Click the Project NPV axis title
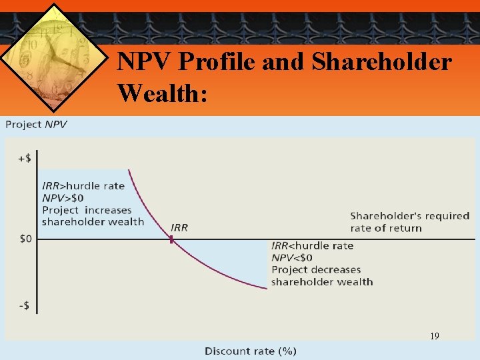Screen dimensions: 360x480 (x=37, y=125)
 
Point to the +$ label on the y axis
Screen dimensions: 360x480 (x=24, y=158)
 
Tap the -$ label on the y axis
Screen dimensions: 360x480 (x=24, y=306)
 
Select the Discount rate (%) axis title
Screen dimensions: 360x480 (x=251, y=351)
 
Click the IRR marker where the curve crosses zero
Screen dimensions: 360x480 (x=171, y=238)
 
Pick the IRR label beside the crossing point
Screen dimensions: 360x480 (x=179, y=227)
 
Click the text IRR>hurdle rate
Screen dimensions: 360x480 (x=83, y=185)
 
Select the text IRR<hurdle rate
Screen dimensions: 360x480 (x=312, y=245)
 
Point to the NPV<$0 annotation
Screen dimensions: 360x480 (x=292, y=257)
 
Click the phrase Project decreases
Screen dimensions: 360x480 (x=316, y=269)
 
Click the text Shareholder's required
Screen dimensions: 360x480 (x=409, y=215)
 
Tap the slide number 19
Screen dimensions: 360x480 (x=434, y=337)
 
